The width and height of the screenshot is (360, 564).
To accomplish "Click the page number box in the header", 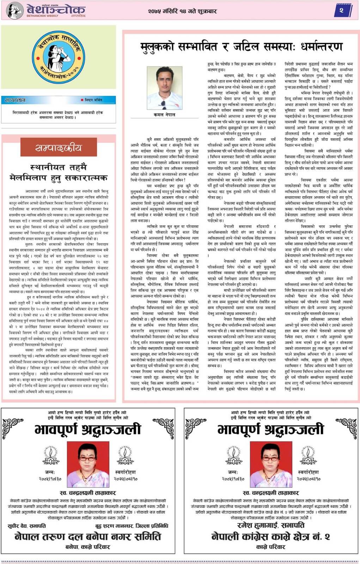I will click(341, 11).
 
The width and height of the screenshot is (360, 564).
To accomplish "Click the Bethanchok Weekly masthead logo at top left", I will click(46, 11).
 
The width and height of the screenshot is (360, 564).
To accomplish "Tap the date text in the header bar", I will click(183, 11).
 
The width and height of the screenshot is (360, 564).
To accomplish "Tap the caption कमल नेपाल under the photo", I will click(164, 115).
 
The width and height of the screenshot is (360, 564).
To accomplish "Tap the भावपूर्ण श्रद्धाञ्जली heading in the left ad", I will click(88, 429).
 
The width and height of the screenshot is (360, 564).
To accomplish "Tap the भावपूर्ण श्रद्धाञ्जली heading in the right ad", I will click(271, 429).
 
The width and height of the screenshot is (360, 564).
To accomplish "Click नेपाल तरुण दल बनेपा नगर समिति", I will click(88, 537).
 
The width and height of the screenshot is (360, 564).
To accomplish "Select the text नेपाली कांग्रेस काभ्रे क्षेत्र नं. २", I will click(270, 537).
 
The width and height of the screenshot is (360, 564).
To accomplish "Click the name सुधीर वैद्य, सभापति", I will click(27, 526).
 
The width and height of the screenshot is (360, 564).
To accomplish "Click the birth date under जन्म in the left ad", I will click(50, 479).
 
